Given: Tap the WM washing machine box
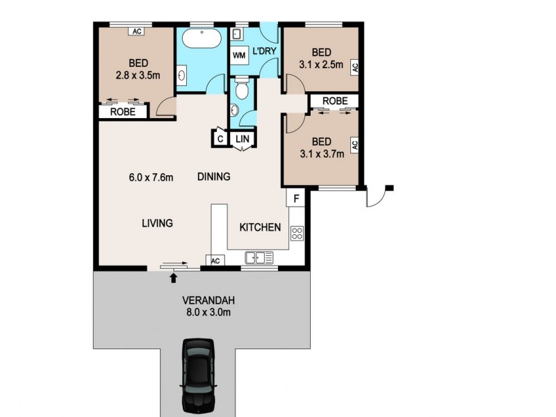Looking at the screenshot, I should point(239,55).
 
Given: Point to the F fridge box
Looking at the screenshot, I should point(296,198).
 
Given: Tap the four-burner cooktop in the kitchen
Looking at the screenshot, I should point(297,233).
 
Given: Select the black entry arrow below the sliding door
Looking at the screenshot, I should point(173,278).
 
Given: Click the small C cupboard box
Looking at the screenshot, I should point(220,138).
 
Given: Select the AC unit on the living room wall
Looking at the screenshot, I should point(215,261).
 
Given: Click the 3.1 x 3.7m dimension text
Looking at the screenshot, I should point(322,154).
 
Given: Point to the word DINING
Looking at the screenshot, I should point(213,177).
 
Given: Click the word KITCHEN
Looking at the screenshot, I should point(260,227).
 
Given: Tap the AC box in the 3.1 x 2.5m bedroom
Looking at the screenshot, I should point(354,67).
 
